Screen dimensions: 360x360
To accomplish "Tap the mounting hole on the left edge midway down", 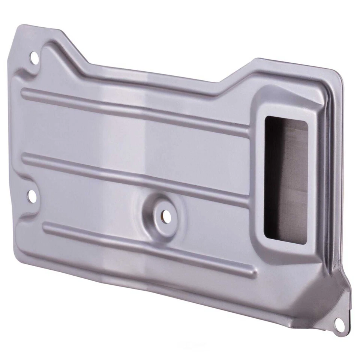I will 31,195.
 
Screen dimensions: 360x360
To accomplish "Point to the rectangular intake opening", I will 286,180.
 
